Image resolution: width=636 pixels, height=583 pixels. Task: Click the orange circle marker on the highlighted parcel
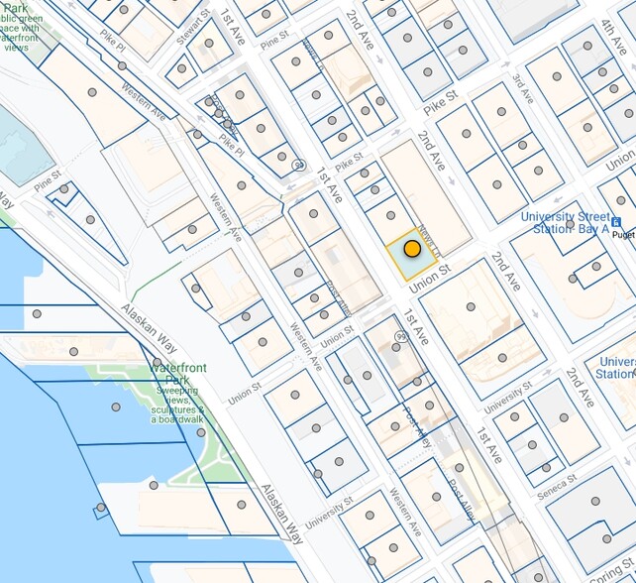point(412,250)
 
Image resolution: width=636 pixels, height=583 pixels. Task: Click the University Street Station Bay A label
point(570,222)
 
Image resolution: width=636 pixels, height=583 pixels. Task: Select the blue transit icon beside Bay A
point(616,222)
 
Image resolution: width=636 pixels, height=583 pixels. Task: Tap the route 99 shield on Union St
point(399,337)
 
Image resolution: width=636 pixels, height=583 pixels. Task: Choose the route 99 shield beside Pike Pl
point(297,166)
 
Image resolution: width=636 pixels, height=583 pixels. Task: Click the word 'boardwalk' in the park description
point(177,419)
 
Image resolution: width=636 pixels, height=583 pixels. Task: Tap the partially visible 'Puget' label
point(623,235)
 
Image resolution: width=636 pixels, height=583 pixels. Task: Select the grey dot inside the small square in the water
point(99,508)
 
